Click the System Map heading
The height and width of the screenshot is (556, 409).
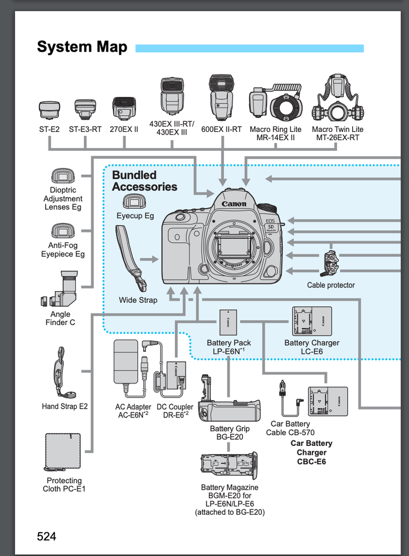(82, 47)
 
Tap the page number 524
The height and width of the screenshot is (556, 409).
(47, 537)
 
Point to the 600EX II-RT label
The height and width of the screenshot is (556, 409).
(221, 129)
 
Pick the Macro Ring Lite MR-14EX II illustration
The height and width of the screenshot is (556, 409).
(275, 105)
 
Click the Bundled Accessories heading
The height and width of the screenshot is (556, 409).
(144, 181)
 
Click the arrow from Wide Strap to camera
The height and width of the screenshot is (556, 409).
(149, 259)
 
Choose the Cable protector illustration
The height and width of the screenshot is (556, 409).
(330, 264)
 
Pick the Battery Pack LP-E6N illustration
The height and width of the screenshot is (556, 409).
(228, 322)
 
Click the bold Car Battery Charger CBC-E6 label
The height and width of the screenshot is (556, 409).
(311, 452)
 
